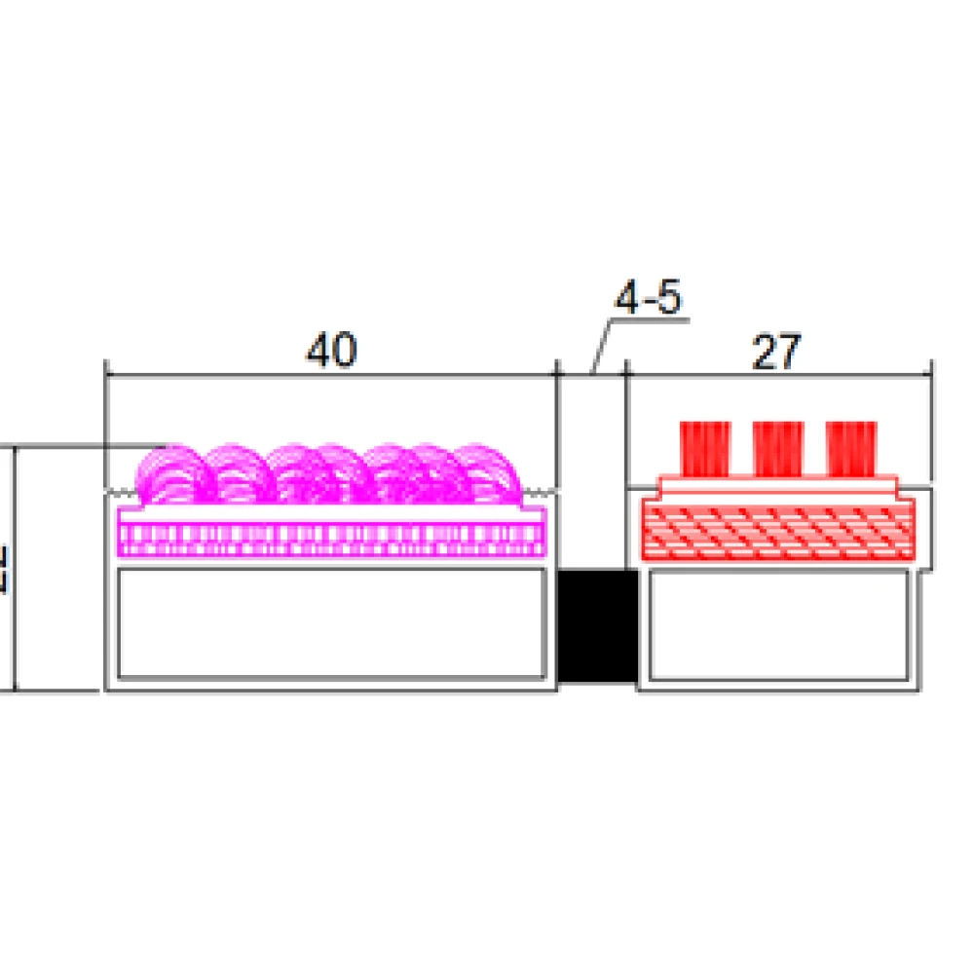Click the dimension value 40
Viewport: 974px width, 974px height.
332,351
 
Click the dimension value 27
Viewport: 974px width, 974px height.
775,352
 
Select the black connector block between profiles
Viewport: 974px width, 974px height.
596,626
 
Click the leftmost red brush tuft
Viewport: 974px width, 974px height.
705,447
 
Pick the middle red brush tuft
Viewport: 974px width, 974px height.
778,447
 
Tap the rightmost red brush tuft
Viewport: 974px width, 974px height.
851,447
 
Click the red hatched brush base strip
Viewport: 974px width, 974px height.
777,531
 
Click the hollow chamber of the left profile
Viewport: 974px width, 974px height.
331,623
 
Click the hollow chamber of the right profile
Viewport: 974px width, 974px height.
779,624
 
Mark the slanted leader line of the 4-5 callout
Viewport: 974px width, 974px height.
603,345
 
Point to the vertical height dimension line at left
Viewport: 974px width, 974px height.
15,570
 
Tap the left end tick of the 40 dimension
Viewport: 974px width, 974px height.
106,373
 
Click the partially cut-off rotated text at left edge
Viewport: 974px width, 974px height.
5,570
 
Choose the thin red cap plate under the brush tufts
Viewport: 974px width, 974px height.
777,485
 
